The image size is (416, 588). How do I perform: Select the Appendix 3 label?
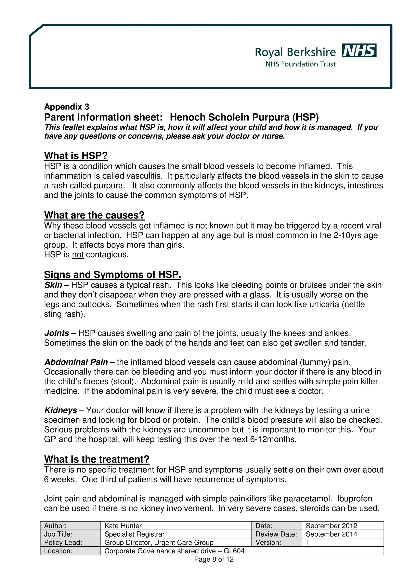point(67,107)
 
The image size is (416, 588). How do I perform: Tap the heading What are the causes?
point(94,215)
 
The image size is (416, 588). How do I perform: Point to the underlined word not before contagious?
point(78,255)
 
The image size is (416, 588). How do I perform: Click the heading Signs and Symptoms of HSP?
point(112,275)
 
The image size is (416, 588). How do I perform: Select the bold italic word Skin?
point(53,285)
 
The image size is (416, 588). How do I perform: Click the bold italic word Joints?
point(57,333)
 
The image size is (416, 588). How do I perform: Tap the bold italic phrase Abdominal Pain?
point(76,362)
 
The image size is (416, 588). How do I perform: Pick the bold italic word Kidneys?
point(61,410)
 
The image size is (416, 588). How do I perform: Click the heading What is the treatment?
point(97,459)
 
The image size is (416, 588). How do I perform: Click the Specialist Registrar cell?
point(134,534)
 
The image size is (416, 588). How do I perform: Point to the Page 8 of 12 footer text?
point(214,559)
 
